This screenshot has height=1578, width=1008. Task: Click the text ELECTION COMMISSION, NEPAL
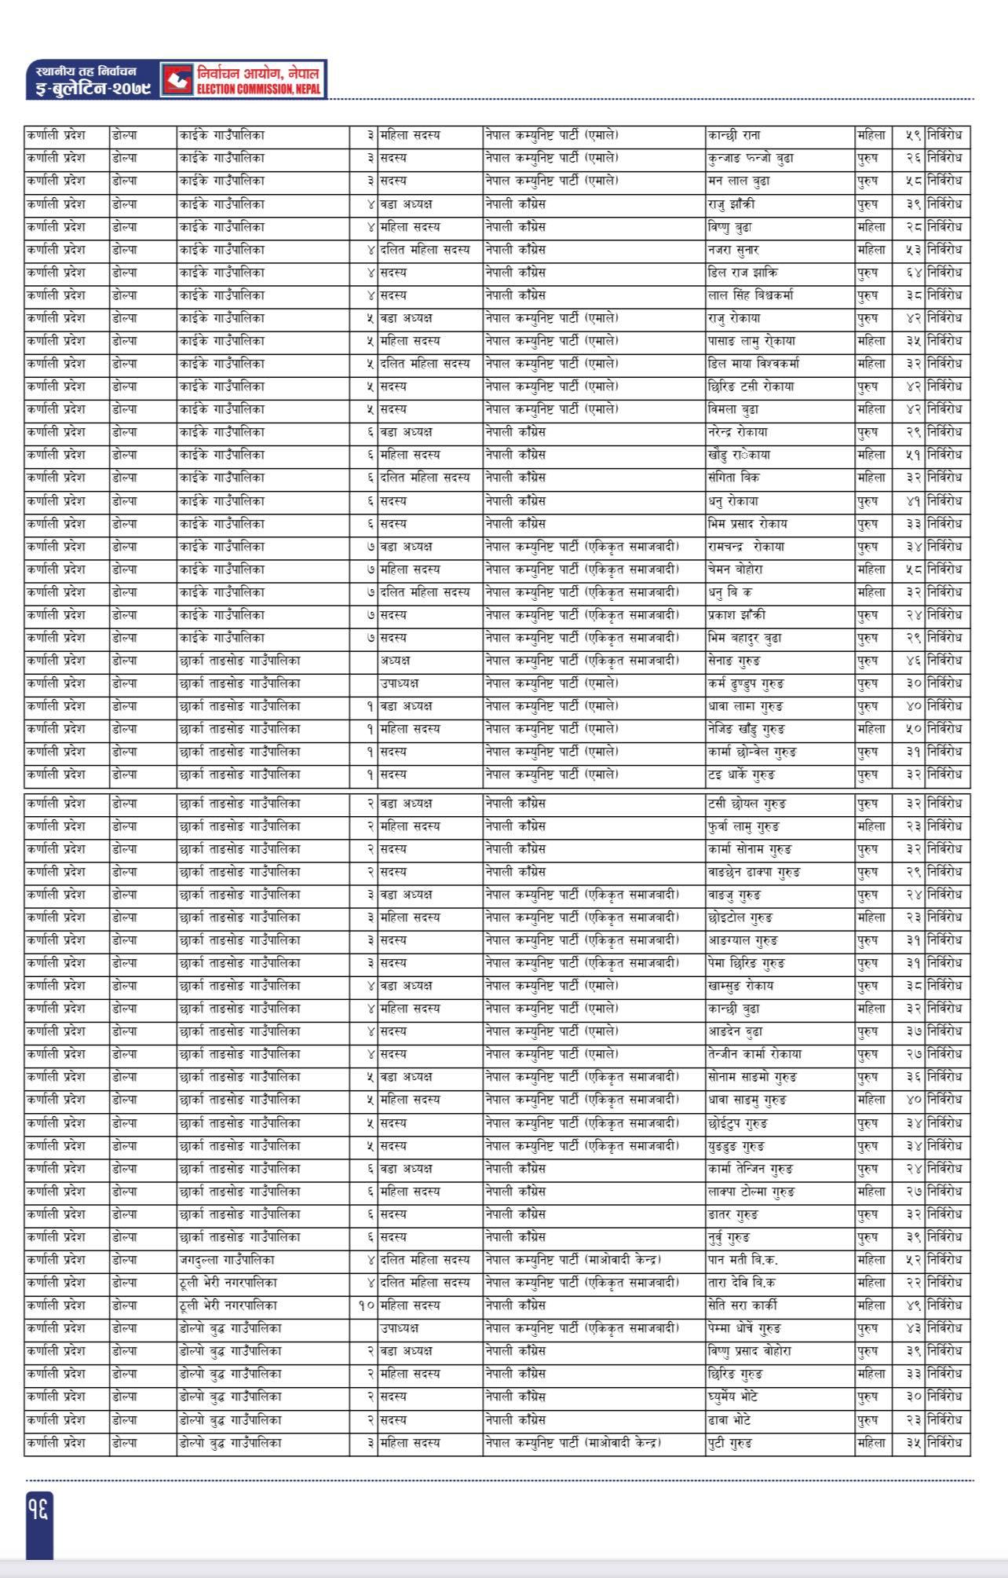click(259, 90)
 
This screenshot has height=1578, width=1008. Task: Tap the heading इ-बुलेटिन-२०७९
click(88, 90)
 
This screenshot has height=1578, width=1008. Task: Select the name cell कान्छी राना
click(733, 135)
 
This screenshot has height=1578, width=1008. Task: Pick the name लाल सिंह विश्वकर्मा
click(750, 295)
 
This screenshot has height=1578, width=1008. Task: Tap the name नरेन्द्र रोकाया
click(737, 432)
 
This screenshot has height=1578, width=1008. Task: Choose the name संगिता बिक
click(733, 478)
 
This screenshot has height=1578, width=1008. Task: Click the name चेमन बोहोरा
click(735, 569)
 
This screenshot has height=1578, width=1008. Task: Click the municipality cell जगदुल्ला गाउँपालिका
click(227, 1259)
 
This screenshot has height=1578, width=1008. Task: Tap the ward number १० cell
click(364, 1305)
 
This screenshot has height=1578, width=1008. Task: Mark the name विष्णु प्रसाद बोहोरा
click(749, 1350)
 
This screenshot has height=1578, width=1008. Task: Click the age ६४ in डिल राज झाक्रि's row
click(909, 273)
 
